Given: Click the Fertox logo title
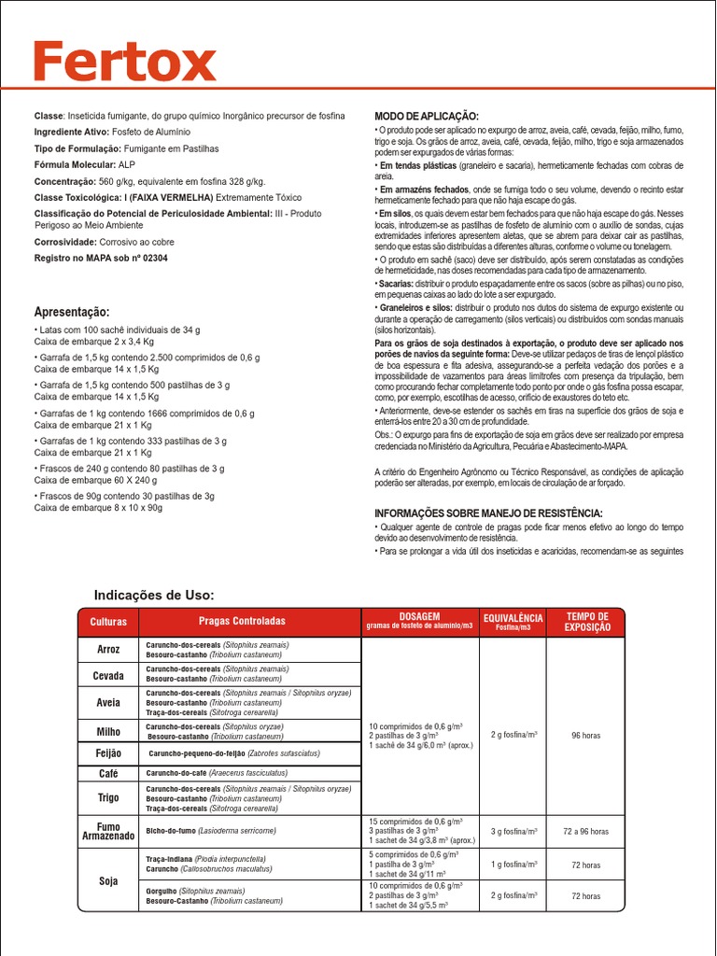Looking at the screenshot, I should pyautogui.click(x=125, y=63).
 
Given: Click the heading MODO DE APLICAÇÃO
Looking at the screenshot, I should pyautogui.click(x=426, y=115).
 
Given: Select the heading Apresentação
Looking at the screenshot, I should pyautogui.click(x=72, y=312).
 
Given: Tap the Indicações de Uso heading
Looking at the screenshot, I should pyautogui.click(x=154, y=595).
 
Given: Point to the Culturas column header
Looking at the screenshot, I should pyautogui.click(x=108, y=622).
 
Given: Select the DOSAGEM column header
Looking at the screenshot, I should pyautogui.click(x=419, y=622).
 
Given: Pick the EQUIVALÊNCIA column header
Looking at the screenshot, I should pyautogui.click(x=513, y=622).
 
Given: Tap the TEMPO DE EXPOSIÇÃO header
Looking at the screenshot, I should pyautogui.click(x=588, y=622).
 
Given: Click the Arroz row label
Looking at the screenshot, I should pyautogui.click(x=108, y=649).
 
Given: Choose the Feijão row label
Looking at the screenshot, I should pyautogui.click(x=108, y=752).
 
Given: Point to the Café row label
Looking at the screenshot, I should pyautogui.click(x=108, y=774).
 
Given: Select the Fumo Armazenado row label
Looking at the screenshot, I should pyautogui.click(x=108, y=830).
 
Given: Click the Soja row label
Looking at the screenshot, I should pyautogui.click(x=108, y=880).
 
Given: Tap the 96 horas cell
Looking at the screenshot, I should pyautogui.click(x=585, y=736).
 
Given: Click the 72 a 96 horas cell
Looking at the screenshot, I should pyautogui.click(x=585, y=831).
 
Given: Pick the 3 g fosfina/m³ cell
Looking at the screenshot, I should pyautogui.click(x=513, y=831).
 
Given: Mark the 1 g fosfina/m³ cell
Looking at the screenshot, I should pyautogui.click(x=513, y=865).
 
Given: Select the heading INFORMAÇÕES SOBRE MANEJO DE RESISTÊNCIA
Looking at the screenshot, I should pyautogui.click(x=488, y=513).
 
